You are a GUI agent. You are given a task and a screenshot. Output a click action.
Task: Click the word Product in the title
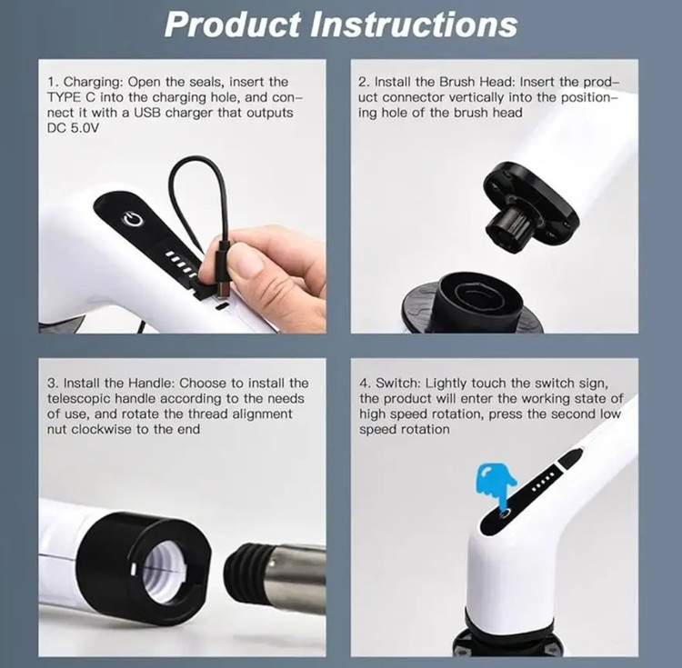[x=233, y=25]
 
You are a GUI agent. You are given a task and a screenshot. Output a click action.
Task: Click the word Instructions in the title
[x=414, y=25]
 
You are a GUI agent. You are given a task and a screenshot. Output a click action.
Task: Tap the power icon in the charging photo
[x=133, y=219]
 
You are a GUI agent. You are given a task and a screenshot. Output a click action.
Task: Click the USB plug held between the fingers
[x=223, y=269]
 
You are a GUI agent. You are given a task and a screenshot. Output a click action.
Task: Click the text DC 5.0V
[x=73, y=128]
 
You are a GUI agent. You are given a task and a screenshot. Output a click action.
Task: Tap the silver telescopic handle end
[x=296, y=578]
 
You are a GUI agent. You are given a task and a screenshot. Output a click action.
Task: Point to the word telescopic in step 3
[x=78, y=399]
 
